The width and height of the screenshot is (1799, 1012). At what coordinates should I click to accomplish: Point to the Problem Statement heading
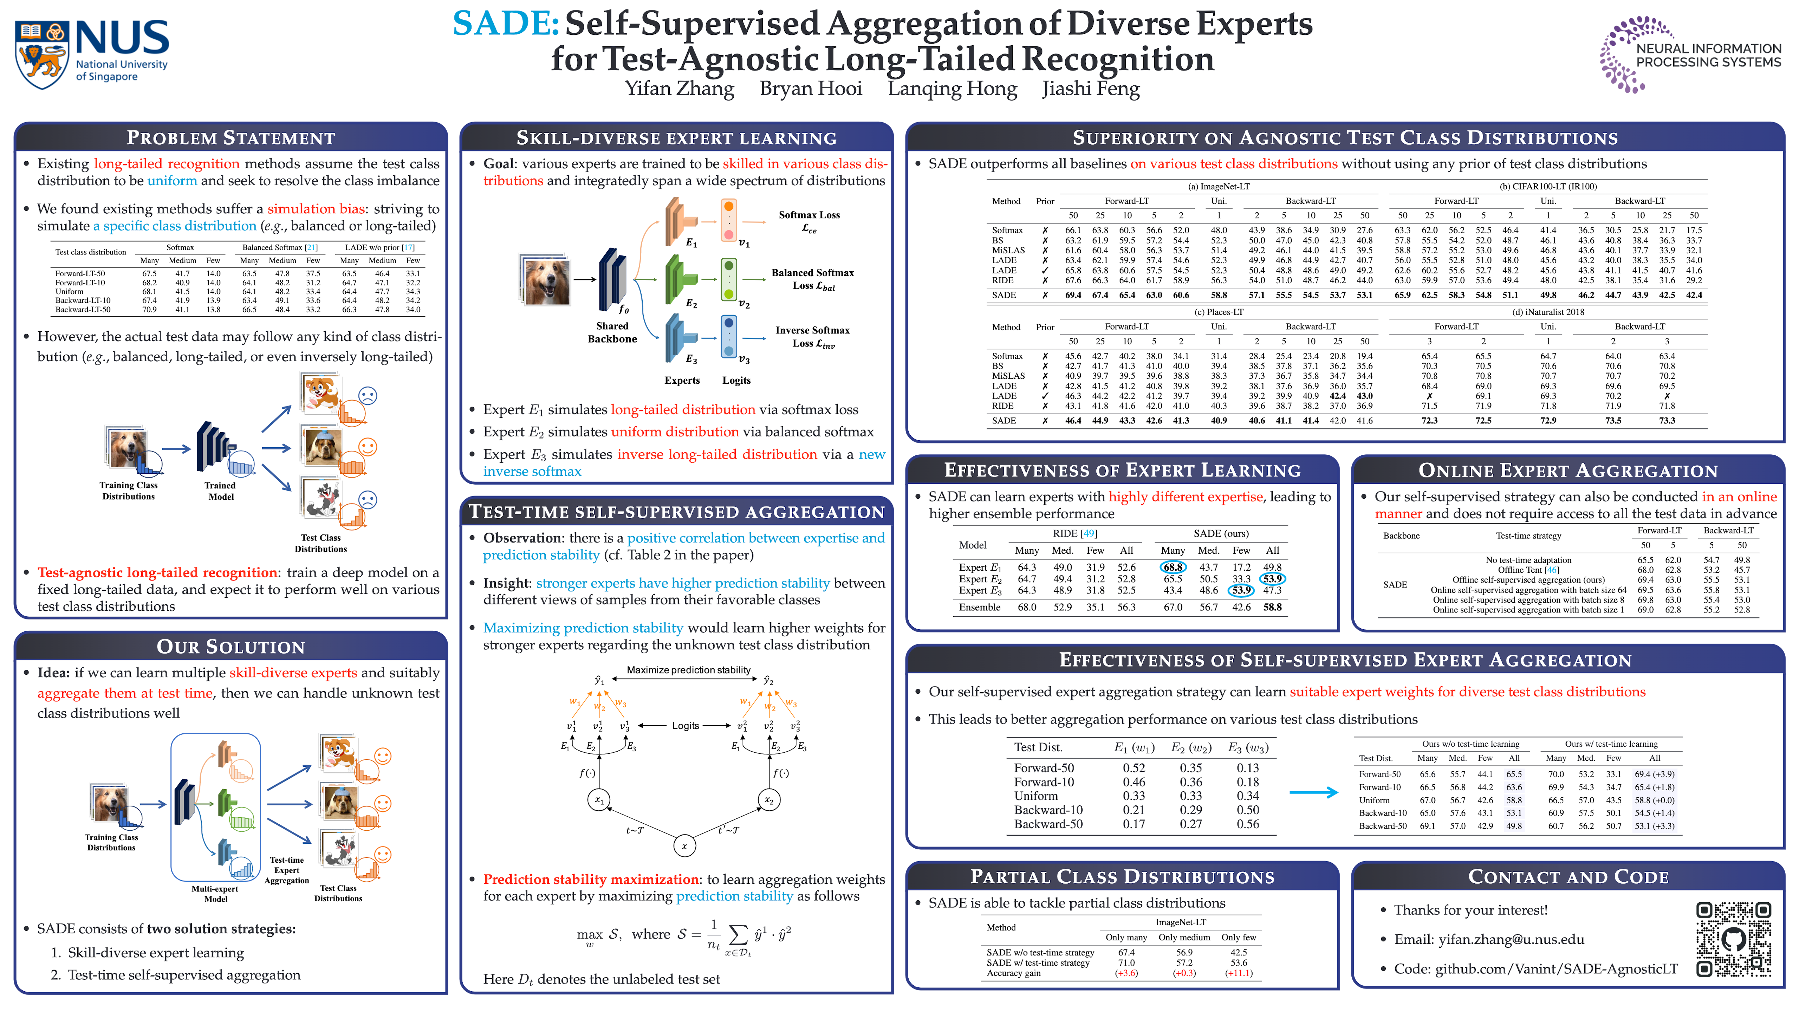click(230, 138)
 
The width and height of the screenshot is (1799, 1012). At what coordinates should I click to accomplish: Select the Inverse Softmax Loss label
click(812, 337)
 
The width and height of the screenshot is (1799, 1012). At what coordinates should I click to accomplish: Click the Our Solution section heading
click(230, 647)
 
